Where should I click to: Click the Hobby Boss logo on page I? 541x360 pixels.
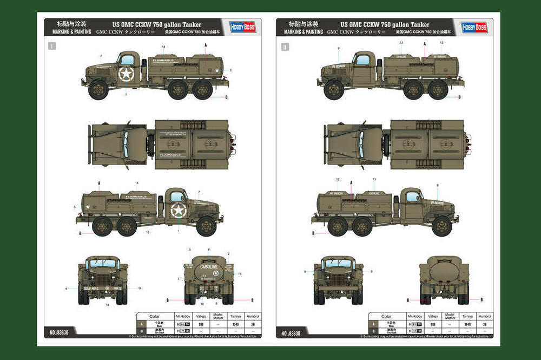click(x=242, y=28)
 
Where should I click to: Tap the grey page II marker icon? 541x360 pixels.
click(x=285, y=47)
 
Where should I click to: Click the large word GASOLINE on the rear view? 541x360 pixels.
click(x=208, y=267)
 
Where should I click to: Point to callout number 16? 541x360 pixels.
click(x=240, y=274)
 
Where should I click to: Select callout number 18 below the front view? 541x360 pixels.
click(x=108, y=306)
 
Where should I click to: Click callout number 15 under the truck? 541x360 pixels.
click(x=147, y=232)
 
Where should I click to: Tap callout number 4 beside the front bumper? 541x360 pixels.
click(x=66, y=289)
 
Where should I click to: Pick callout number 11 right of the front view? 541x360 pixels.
click(x=139, y=289)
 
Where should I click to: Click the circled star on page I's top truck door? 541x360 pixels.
click(x=126, y=74)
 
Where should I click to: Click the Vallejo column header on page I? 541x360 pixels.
click(x=201, y=316)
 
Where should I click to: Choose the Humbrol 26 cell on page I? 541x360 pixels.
click(x=253, y=324)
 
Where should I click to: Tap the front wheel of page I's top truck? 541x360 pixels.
click(x=98, y=89)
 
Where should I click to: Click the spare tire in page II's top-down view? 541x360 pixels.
click(x=386, y=145)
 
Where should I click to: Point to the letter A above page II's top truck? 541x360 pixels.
click(x=425, y=43)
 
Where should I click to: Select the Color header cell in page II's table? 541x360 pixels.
click(x=386, y=316)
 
